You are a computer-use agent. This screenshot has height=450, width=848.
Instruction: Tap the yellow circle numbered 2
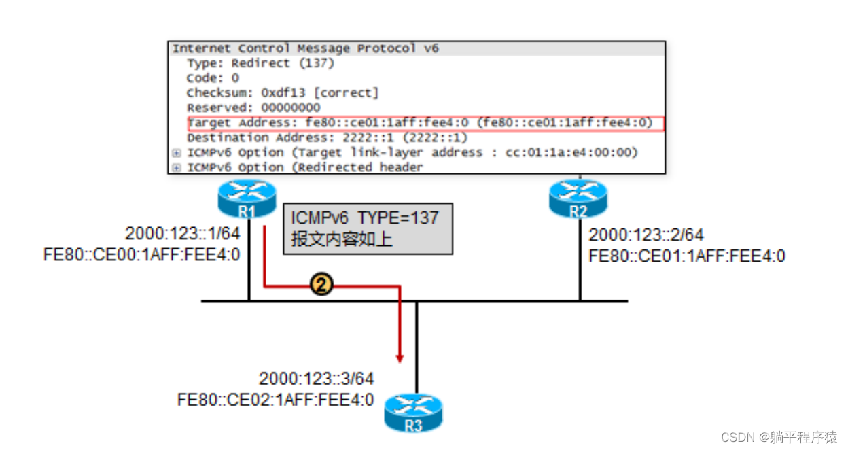[x=321, y=284]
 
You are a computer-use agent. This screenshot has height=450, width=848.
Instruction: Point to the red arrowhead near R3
[x=400, y=357]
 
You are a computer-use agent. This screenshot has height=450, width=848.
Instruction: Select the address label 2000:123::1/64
[x=183, y=234]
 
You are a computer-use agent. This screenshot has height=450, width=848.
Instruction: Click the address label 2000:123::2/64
[x=646, y=235]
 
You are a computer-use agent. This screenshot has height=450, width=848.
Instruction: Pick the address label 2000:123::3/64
[x=317, y=379]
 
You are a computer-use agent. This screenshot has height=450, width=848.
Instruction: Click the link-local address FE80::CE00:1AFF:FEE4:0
[x=141, y=256]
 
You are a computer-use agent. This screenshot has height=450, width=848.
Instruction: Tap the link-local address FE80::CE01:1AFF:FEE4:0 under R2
[x=687, y=256]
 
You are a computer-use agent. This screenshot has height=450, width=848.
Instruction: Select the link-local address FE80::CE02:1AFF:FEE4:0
[x=275, y=400]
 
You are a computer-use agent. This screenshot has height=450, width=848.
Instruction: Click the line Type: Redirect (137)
[x=261, y=63]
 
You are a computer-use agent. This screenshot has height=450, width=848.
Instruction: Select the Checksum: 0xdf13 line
[x=283, y=92]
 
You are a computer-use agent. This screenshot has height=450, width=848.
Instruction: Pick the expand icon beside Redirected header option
[x=177, y=168]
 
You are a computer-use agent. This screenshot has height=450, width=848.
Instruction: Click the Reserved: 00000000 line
[x=253, y=108]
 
